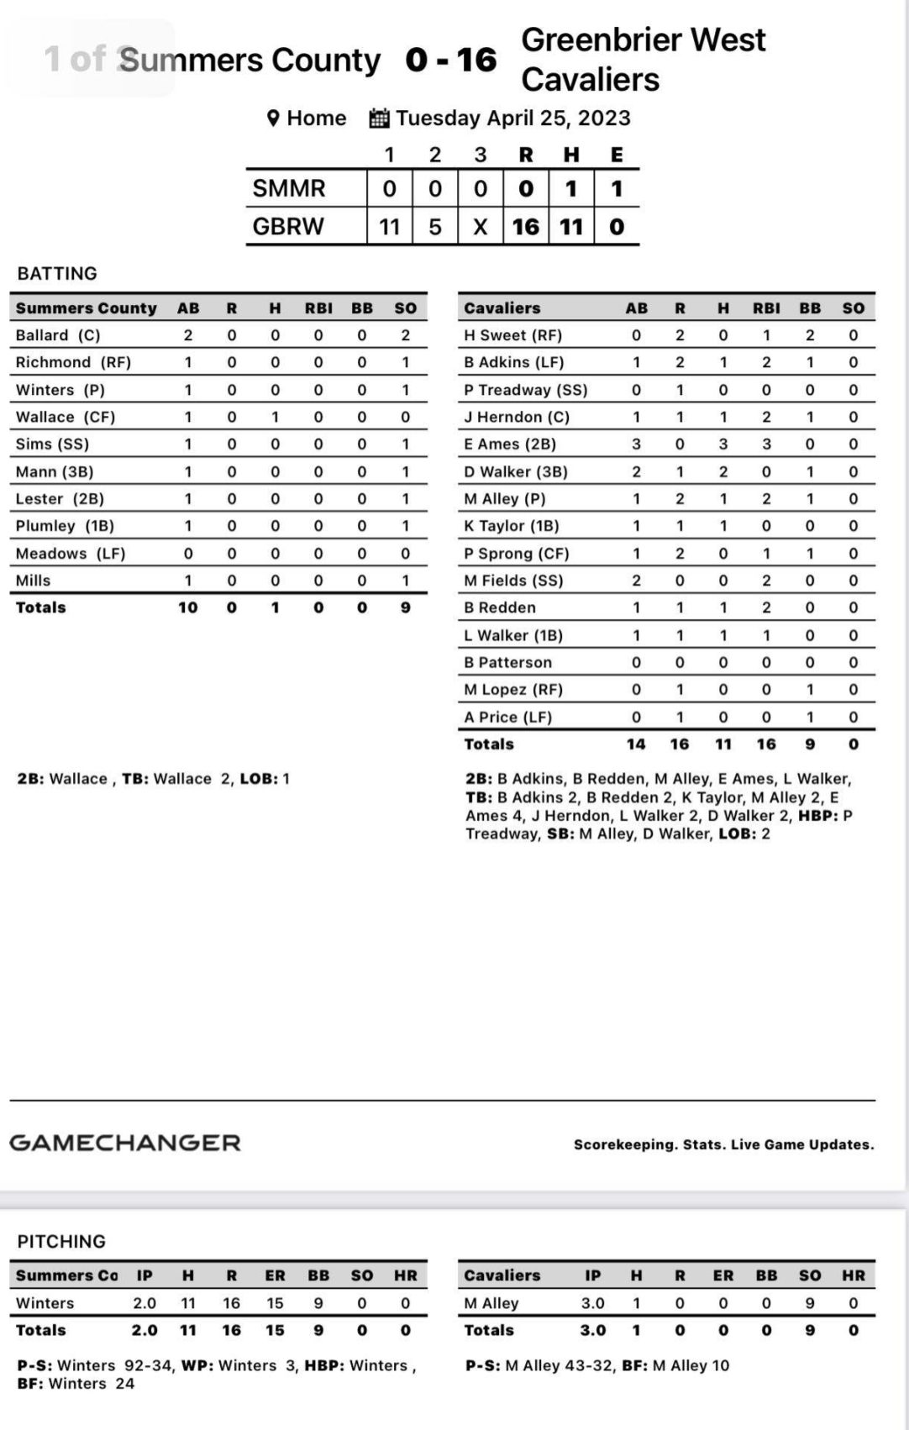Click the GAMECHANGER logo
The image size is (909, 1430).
coord(125,1143)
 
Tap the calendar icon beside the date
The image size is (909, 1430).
coord(380,118)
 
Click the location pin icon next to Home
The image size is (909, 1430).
coord(273,118)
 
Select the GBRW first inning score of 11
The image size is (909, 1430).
coord(389,227)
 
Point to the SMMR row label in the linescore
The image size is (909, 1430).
coord(289,188)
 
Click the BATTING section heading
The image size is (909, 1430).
coord(57,273)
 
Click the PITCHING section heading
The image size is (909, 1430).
coord(61,1241)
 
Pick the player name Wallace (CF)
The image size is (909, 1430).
coord(66,417)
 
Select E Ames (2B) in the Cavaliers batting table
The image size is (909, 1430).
coord(510,444)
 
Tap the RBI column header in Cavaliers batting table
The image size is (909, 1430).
coord(766,308)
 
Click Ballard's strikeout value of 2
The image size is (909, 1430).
coord(405,335)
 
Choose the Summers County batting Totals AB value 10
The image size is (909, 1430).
coord(188,607)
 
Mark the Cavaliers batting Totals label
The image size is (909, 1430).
coord(489,744)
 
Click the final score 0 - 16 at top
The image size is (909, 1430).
coord(450,60)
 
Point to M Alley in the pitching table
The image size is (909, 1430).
coord(491,1303)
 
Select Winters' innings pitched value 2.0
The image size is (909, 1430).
coord(144,1303)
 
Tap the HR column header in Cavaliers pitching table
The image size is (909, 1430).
coord(854,1275)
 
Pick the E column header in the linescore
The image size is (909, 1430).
coord(617,155)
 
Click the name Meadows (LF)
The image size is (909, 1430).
coord(71,554)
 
